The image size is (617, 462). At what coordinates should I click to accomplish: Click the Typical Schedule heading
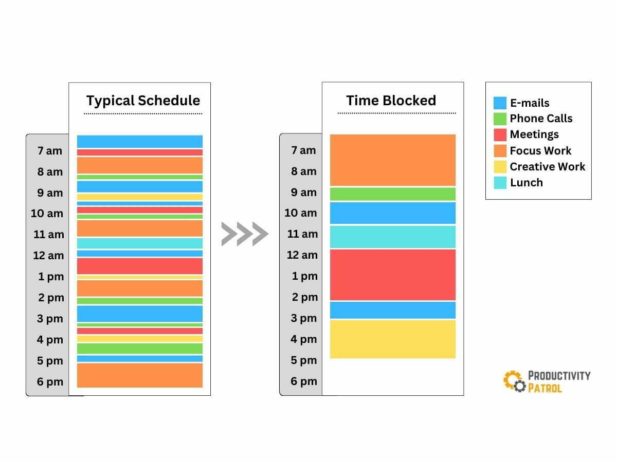point(143,101)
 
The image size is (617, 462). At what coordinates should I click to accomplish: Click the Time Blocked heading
point(391,101)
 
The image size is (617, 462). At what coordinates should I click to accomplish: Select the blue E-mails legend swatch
point(500,103)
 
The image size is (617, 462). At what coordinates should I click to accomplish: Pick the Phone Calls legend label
point(541,119)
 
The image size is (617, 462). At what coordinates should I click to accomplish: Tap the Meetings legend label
point(534,134)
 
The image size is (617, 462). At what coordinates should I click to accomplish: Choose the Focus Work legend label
point(540,151)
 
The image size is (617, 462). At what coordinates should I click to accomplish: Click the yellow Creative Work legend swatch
point(500,167)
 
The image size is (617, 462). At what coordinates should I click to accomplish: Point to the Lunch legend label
point(526,183)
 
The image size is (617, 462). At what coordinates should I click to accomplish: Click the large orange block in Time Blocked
point(393,160)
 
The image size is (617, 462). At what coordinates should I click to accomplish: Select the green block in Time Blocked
point(393,194)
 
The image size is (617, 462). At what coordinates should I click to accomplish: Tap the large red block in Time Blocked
point(393,275)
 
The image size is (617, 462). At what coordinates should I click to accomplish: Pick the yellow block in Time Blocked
point(393,339)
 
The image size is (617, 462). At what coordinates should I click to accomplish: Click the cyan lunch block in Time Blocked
point(393,237)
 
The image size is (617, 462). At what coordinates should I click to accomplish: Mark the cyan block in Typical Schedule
point(140,243)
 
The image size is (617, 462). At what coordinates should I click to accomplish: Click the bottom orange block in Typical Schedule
point(140,375)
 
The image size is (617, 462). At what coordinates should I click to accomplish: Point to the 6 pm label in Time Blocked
point(304,381)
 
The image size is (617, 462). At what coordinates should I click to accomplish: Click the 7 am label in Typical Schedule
point(50,151)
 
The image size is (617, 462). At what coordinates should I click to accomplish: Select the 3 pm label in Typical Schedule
point(50,319)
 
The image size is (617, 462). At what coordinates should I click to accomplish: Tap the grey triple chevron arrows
point(245,234)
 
